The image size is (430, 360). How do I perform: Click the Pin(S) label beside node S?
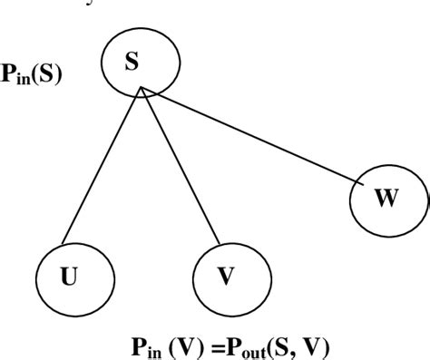(32, 75)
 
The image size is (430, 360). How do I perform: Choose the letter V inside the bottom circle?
(225, 275)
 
